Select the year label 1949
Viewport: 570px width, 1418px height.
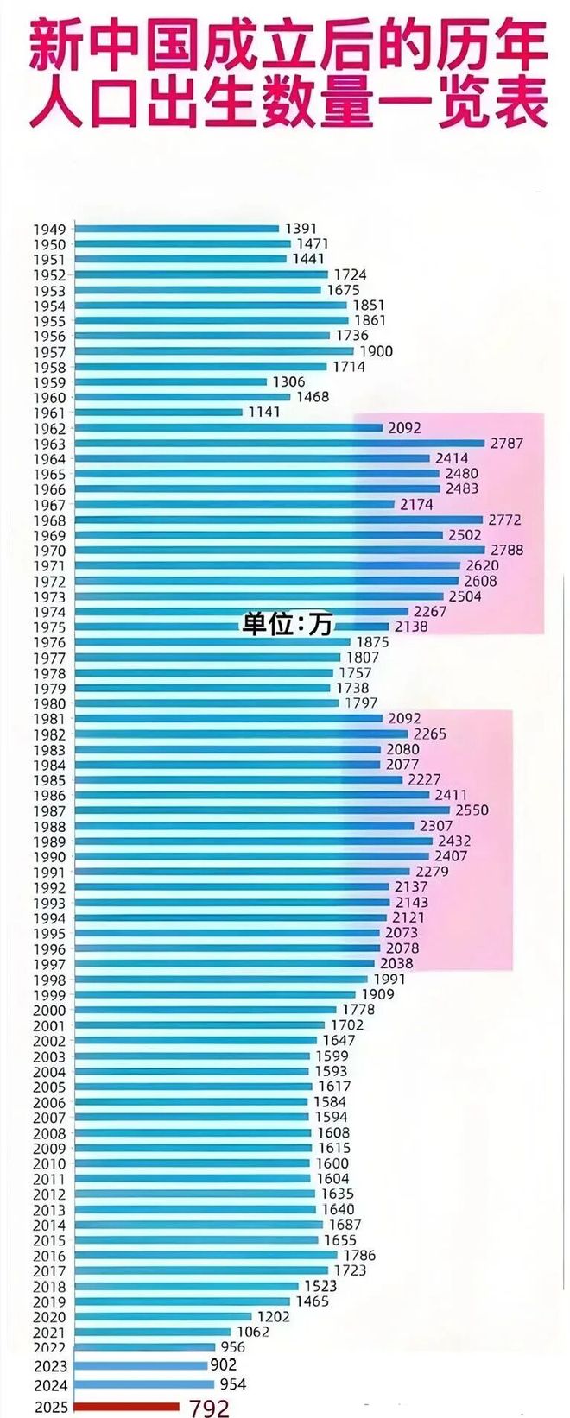point(49,230)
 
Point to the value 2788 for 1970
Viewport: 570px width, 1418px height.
point(506,550)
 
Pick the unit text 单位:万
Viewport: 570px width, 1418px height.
point(286,625)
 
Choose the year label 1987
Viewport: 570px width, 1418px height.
point(49,811)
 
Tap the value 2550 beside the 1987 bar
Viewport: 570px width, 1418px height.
point(472,810)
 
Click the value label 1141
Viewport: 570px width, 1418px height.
point(264,413)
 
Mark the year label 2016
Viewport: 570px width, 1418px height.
point(49,1257)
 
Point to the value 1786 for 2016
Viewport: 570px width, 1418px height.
point(359,1256)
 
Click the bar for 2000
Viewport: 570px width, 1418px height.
point(206,1010)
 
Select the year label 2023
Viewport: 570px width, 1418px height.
point(50,1366)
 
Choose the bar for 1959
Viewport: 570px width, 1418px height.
point(171,381)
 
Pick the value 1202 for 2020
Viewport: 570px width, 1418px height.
point(274,1317)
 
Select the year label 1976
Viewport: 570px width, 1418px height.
point(49,643)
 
